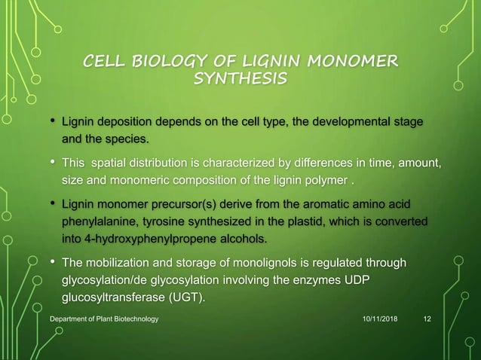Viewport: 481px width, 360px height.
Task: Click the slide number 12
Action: coord(427,320)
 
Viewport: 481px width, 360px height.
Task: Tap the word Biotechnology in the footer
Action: coord(130,320)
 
